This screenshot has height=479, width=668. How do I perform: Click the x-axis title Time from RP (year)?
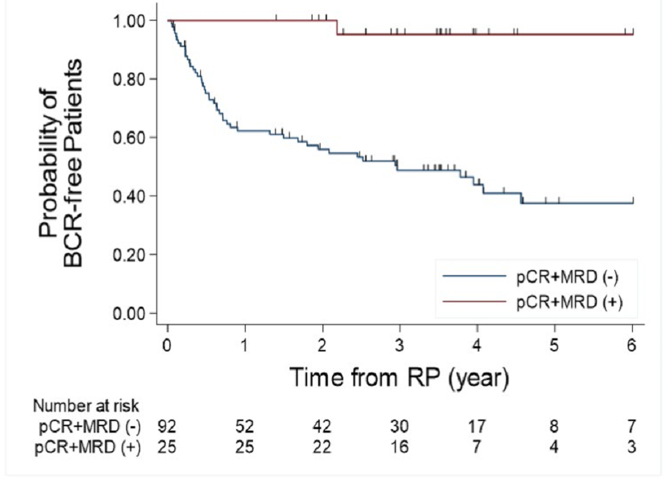point(400,378)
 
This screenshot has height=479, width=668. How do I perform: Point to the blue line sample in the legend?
point(474,277)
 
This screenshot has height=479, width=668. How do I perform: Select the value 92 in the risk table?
point(168,425)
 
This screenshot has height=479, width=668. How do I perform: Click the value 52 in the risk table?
point(245,425)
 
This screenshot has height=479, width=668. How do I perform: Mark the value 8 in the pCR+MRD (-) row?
point(554,425)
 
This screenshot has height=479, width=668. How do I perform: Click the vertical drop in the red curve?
point(337,27)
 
